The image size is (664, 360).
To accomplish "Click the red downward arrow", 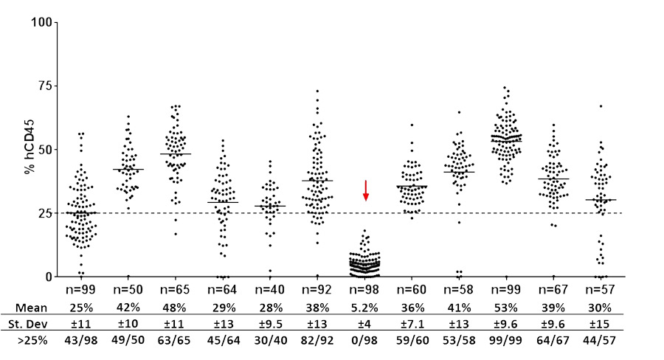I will pos(365,190).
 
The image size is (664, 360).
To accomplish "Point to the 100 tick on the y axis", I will pos(42,22).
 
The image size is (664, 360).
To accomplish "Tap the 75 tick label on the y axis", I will pos(45,86).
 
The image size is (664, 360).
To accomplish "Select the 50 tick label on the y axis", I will pos(45,150).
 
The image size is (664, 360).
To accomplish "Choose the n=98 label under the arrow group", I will pos(365,288).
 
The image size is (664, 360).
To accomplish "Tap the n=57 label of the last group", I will pos(602,288).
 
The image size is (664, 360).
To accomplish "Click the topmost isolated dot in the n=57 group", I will pos(601,106).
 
